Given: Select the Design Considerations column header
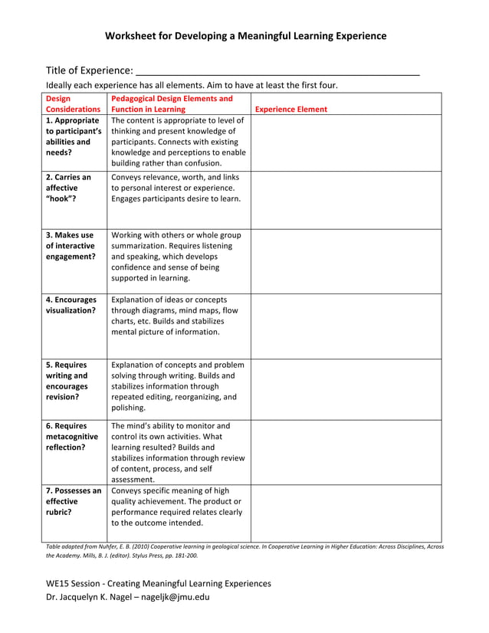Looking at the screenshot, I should pos(73,103).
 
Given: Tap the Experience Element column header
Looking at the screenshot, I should pos(290,109).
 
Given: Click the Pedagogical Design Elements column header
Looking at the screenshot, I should pos(172,103).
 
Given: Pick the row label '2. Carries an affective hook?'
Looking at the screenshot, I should pos(68,188).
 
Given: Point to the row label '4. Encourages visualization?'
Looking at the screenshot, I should pos(71,305).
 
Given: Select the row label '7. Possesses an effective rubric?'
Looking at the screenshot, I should pos(73,501).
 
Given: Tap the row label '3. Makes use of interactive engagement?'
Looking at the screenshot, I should pos(71,245).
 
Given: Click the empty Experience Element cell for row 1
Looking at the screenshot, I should pos(346,142).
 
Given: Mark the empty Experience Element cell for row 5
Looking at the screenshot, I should pos(346,387).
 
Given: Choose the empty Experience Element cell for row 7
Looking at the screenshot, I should pos(346,512).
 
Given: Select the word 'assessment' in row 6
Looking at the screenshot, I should pos(132,480).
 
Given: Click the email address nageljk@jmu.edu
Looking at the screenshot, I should pos(178,597).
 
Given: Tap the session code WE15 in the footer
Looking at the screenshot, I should pos(59,583).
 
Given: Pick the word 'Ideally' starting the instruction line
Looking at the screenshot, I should pos(60,85).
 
